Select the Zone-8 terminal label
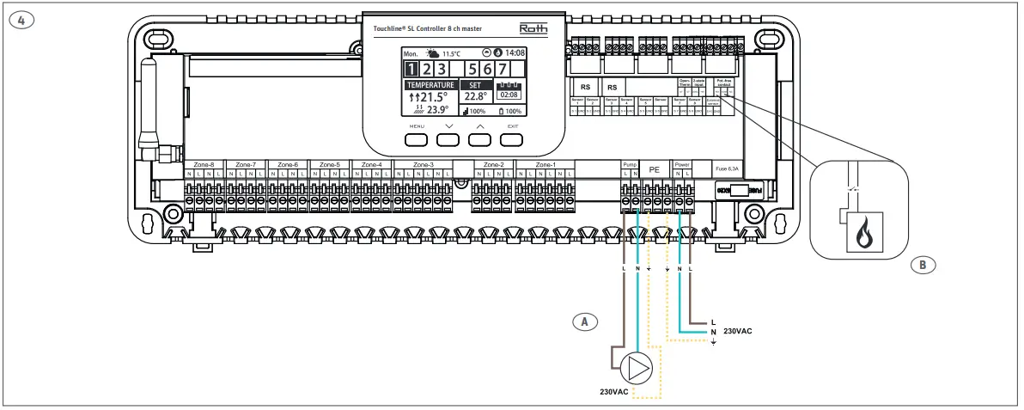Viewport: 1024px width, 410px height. tap(204, 164)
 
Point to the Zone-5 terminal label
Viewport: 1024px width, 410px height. tap(329, 164)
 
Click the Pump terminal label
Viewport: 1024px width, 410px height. tap(630, 163)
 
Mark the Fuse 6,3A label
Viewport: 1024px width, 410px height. tap(727, 170)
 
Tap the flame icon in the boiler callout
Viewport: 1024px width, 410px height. tap(857, 234)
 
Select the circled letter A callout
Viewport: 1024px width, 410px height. tap(585, 321)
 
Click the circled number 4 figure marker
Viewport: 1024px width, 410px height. tap(15, 21)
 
